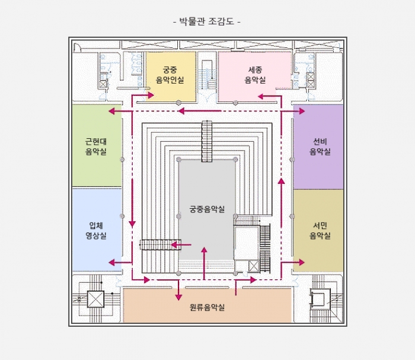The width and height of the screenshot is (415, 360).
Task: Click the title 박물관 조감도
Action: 207,21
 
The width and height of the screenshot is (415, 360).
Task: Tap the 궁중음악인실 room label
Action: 170,75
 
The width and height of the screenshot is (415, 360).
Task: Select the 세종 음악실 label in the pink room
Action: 255,75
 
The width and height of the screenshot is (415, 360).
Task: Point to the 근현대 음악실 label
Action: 96,146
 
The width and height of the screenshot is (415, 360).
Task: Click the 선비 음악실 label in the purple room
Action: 320,146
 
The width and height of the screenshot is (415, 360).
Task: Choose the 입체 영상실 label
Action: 96,231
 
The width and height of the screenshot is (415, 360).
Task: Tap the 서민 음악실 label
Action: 320,231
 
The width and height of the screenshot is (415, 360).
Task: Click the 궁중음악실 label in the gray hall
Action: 207,209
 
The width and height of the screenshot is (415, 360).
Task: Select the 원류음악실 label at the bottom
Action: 207,307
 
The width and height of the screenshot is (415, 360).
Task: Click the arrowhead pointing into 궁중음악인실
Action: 151,95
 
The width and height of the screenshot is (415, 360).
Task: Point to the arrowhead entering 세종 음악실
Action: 261,96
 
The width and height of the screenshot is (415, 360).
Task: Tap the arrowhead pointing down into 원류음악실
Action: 178,297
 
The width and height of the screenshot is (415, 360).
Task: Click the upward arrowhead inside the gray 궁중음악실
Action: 204,250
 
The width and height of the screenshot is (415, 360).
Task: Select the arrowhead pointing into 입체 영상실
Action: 112,263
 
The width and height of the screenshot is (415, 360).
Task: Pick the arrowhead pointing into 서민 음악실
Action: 301,262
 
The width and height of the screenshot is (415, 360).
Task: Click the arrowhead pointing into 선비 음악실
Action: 302,111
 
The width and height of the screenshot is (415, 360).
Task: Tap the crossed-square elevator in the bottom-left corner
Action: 95,299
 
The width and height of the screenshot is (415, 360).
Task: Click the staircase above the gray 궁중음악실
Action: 207,141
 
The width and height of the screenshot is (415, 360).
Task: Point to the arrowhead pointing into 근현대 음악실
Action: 112,111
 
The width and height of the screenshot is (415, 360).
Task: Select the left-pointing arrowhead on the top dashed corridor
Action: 181,111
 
